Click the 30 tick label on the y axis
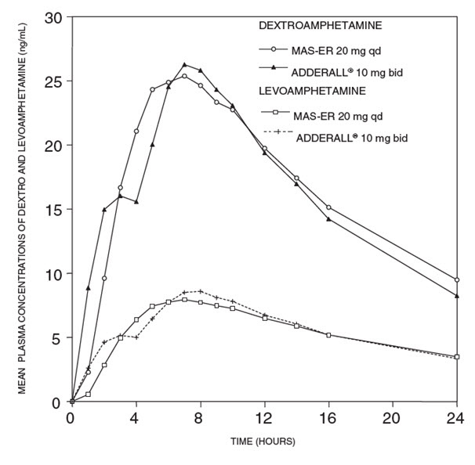click(x=53, y=17)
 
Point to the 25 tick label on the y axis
click(x=53, y=81)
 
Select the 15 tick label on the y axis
click(x=53, y=210)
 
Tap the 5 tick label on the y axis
click(x=56, y=338)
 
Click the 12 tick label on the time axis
click(x=264, y=418)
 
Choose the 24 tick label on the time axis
click(x=456, y=418)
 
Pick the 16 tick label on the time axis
click(x=328, y=418)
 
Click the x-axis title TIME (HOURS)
click(x=263, y=442)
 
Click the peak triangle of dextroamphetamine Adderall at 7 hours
click(x=184, y=65)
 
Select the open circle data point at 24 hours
click(x=456, y=280)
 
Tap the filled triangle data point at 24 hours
click(x=456, y=296)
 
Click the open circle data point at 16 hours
click(x=328, y=207)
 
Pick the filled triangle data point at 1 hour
click(x=88, y=288)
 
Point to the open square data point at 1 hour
click(x=88, y=395)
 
